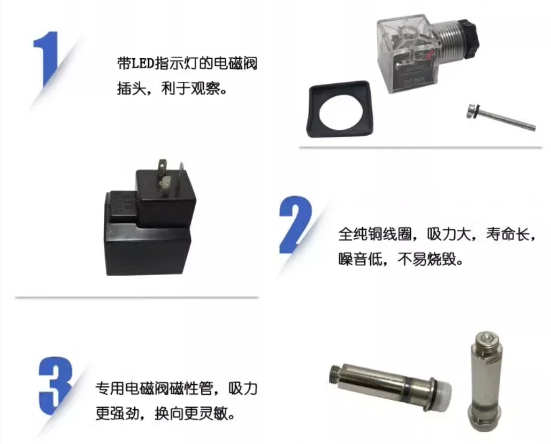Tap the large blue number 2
[295, 224]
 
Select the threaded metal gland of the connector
[447, 40]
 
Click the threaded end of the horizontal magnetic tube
[336, 374]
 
